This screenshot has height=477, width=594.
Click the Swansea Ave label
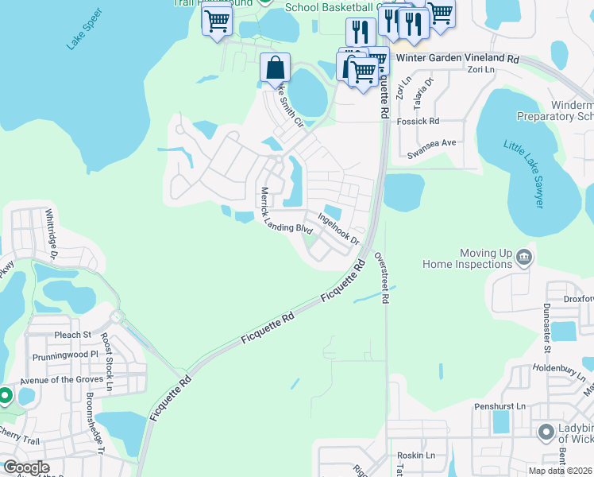(431, 143)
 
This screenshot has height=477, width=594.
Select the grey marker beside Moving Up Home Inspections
(523, 256)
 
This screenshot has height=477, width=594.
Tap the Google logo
(26, 467)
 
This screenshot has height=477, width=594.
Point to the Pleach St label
(73, 335)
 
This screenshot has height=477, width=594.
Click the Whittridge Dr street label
(52, 233)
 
